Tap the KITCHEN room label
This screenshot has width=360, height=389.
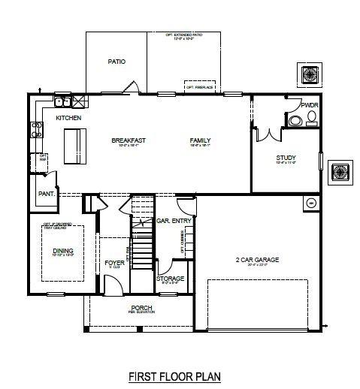click(68, 118)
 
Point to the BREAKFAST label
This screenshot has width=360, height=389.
click(128, 140)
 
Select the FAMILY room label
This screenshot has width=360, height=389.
click(200, 140)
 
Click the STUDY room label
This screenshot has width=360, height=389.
click(286, 158)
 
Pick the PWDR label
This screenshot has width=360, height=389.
click(310, 106)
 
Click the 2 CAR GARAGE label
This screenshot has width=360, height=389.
click(257, 260)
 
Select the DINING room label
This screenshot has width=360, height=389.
click(63, 252)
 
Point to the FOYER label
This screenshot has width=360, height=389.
click(114, 262)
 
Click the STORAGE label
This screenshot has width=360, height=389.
click(171, 279)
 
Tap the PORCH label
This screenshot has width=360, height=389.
click(142, 307)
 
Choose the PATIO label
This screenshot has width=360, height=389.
click(116, 62)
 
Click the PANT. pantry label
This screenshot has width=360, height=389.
click(45, 193)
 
